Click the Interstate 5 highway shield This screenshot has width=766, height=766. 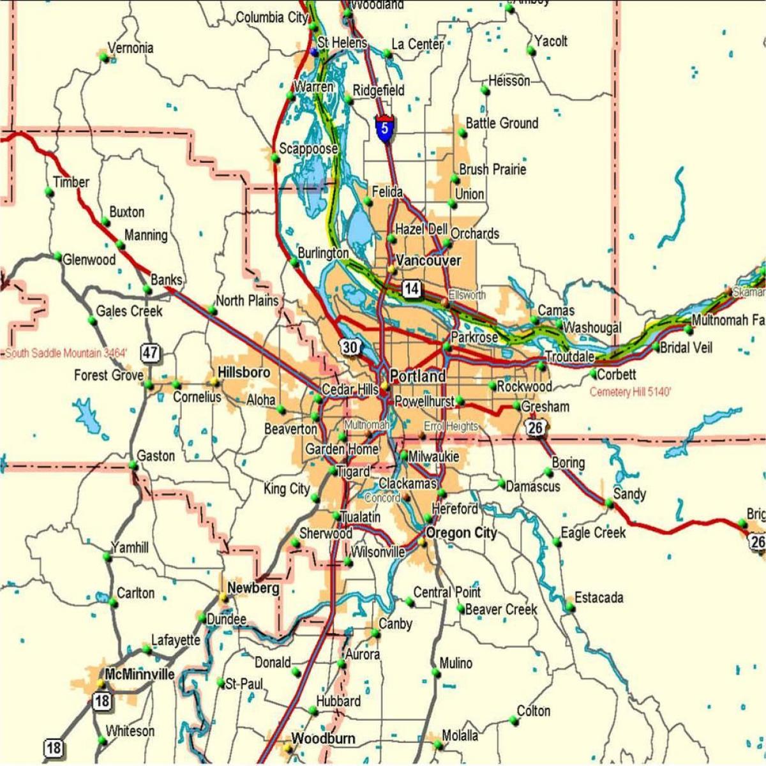384,128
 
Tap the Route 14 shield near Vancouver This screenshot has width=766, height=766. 411,289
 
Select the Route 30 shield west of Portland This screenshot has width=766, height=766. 350,347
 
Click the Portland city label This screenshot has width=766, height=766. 417,376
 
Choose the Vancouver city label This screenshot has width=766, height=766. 428,260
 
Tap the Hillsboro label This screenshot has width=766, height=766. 244,372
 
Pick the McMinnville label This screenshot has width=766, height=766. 139,675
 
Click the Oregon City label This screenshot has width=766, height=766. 461,533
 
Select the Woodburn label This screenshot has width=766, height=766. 323,739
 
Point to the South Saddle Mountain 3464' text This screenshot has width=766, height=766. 66,353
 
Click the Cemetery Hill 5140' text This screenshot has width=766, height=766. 630,392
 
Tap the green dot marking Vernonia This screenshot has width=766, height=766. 103,57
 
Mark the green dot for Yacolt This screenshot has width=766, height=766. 531,51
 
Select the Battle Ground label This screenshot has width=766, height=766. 502,123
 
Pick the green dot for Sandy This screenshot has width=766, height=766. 610,504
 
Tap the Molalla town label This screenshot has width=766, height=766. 460,735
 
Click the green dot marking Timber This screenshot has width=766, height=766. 49,191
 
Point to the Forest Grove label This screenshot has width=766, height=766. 109,375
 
